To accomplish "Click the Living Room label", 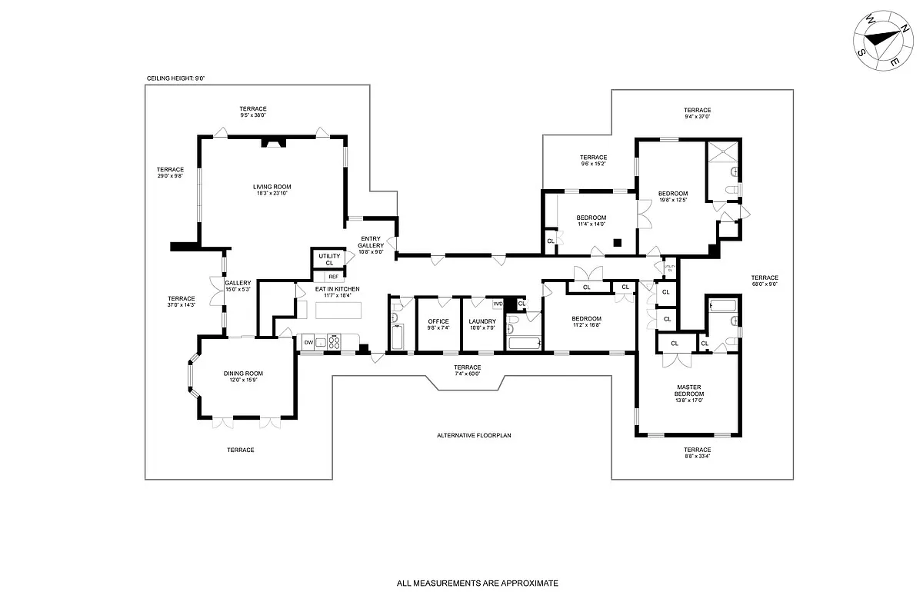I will click(272, 190).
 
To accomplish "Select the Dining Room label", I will click(244, 377).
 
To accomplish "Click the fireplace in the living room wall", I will click(272, 141).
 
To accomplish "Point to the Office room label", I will click(438, 324).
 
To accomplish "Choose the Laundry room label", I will click(482, 324).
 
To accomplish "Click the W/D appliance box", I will click(498, 304).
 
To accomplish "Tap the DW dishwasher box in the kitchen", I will click(308, 342).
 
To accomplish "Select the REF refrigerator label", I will click(333, 277).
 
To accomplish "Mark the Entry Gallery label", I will click(371, 245).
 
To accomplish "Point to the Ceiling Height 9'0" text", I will click(176, 78).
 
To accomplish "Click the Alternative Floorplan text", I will click(474, 435).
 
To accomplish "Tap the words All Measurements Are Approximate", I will click(477, 583).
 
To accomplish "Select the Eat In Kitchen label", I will click(337, 291).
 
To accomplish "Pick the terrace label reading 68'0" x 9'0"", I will click(765, 281).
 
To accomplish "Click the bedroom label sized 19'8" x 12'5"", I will click(672, 196).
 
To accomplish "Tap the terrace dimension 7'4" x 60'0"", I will click(467, 371).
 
